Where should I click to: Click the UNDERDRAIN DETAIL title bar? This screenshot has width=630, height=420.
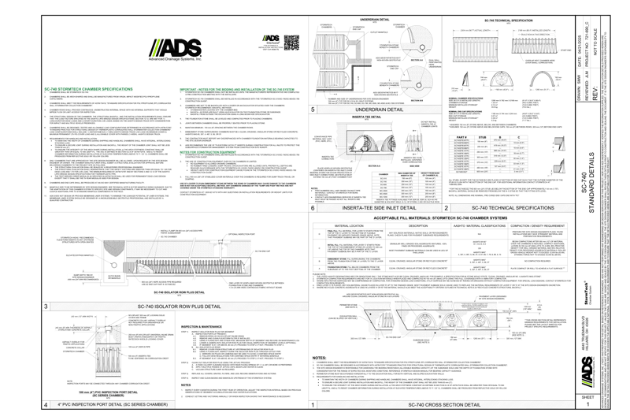(380, 110)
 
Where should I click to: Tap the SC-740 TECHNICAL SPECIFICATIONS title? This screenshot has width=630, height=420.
(512, 208)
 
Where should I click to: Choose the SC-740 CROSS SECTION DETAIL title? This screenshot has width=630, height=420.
(445, 404)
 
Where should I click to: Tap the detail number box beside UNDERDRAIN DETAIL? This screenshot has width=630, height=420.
(313, 110)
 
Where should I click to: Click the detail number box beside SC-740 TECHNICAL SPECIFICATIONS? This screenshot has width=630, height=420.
(447, 208)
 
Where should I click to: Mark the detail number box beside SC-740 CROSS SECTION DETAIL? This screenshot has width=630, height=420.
(313, 404)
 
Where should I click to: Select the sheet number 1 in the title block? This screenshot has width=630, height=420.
(587, 403)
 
